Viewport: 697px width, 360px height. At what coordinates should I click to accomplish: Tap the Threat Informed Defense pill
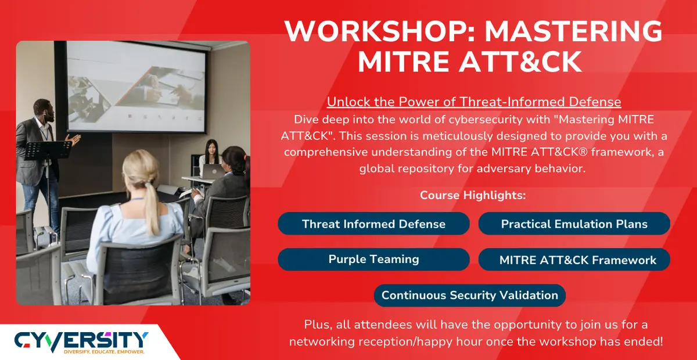373,224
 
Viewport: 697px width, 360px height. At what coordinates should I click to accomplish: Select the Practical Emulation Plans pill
574,224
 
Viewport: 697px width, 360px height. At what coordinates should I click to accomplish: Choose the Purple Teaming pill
373,259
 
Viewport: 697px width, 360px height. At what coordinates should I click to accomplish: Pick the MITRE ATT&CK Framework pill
574,260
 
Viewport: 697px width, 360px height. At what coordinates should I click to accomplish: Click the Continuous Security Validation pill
469,295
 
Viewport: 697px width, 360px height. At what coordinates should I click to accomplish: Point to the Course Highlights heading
473,195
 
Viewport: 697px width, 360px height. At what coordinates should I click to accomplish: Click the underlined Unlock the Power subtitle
474,102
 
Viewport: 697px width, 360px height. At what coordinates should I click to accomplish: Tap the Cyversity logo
81,339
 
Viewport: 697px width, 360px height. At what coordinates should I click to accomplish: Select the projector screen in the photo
136,87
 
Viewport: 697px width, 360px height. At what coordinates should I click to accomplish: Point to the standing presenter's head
43,110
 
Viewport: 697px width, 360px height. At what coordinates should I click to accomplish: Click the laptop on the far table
213,170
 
